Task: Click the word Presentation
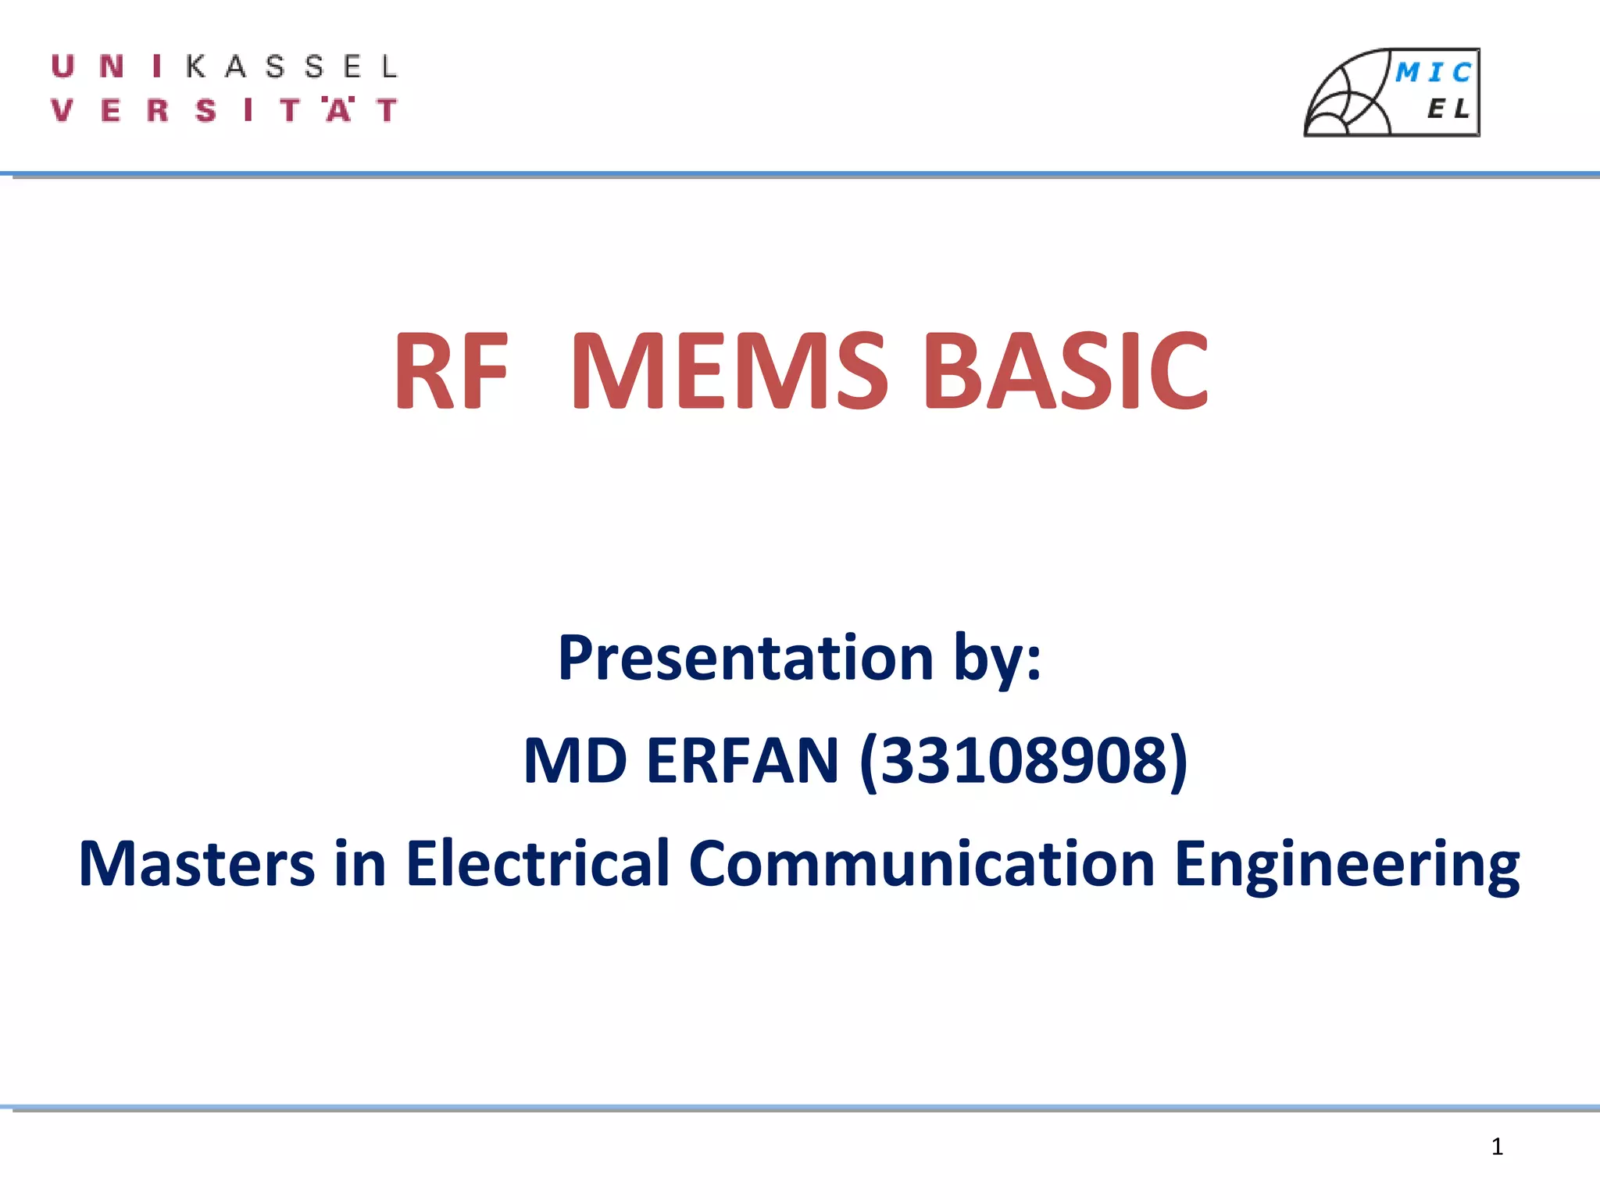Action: (x=746, y=658)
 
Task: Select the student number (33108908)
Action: (x=1023, y=762)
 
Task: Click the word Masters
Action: (x=196, y=864)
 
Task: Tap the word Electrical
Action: (x=537, y=864)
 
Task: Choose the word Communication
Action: (x=921, y=864)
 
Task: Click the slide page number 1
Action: (x=1497, y=1147)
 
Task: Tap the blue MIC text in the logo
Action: (x=1434, y=73)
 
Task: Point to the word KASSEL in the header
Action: (x=292, y=67)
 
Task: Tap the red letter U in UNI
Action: (x=63, y=66)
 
